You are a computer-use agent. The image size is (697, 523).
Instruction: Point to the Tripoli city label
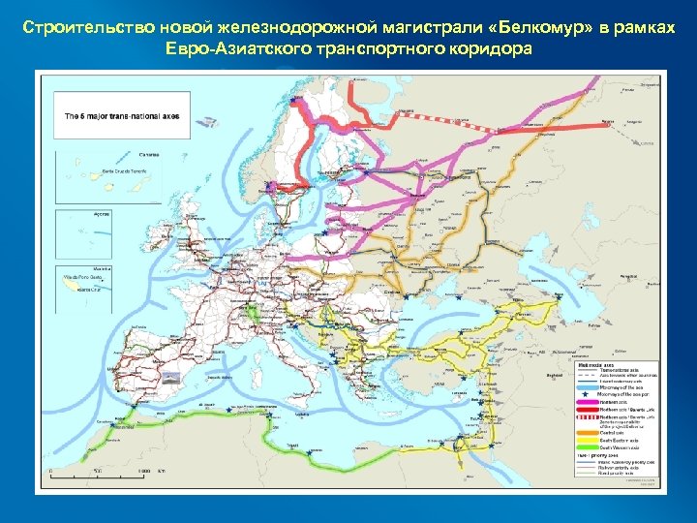(x=291, y=445)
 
